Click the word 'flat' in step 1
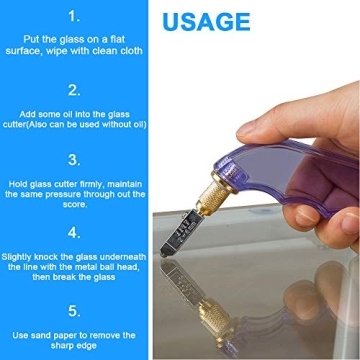point(116,38)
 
